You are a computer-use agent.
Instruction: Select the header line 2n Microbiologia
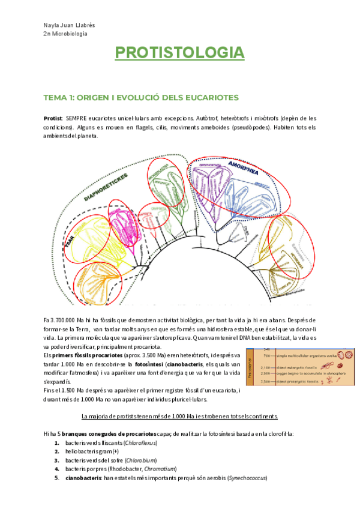coord(65,34)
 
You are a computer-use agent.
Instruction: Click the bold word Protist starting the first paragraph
coord(54,118)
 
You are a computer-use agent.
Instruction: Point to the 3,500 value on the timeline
coord(263,381)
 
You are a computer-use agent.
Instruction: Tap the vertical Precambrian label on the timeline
coord(250,367)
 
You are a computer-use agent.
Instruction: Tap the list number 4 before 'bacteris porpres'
coord(56,469)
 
